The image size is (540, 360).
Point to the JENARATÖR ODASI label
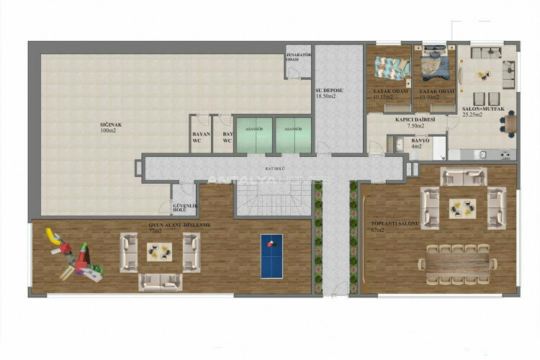coord(297,57)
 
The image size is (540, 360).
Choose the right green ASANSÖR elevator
coord(293,134)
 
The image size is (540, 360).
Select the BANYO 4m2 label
coord(420,143)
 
